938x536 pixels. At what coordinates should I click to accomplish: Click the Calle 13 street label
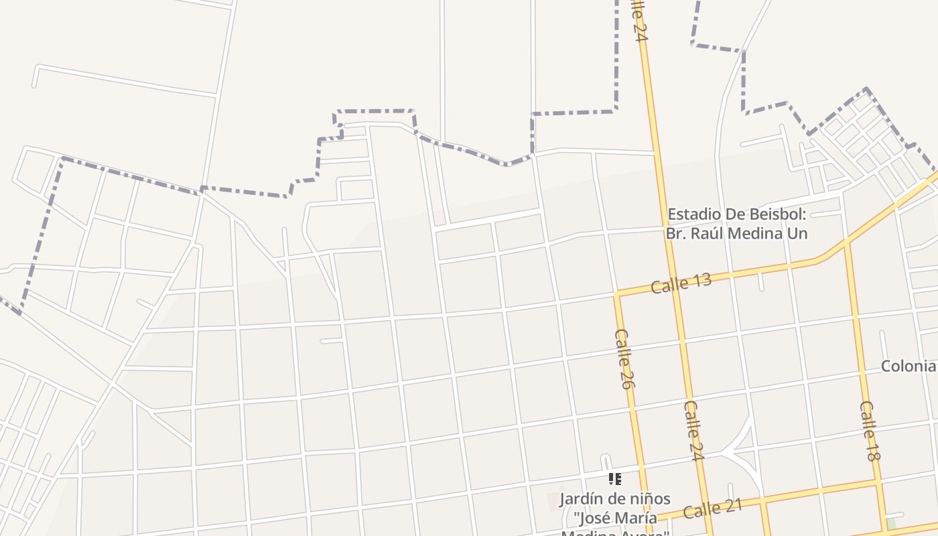(681, 283)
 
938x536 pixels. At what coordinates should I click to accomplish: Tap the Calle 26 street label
(623, 358)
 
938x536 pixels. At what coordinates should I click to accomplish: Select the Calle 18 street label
(869, 431)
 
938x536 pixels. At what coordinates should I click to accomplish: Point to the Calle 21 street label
(713, 509)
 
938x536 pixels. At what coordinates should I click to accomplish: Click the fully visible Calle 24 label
(694, 430)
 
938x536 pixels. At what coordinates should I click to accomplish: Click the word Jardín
(582, 499)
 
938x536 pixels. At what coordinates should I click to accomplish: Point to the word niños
(649, 499)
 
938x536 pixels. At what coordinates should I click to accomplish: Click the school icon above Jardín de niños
(614, 479)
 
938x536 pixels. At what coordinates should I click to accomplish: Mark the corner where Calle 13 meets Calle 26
(617, 294)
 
